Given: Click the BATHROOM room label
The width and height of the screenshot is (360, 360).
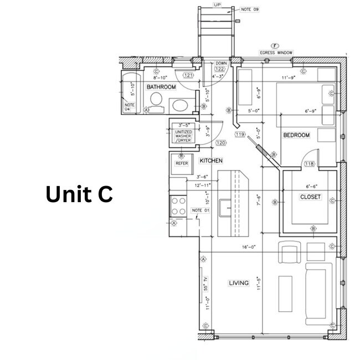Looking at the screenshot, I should pyautogui.click(x=161, y=88).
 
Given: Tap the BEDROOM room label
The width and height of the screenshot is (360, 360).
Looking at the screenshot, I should pyautogui.click(x=296, y=135).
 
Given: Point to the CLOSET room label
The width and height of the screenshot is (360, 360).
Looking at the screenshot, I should pyautogui.click(x=310, y=197).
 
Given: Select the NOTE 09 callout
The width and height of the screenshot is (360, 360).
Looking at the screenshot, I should pyautogui.click(x=250, y=9).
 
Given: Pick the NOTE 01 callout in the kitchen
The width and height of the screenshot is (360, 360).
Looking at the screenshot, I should pyautogui.click(x=200, y=210).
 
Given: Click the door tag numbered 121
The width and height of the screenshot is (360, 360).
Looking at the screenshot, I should pyautogui.click(x=188, y=75).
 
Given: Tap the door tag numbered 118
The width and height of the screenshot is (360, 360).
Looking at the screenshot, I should pyautogui.click(x=308, y=163).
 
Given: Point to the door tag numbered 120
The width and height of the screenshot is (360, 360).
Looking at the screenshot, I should pyautogui.click(x=205, y=143).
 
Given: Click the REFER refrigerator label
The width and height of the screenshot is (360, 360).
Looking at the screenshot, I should pyautogui.click(x=182, y=163).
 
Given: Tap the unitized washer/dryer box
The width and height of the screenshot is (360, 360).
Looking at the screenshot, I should pyautogui.click(x=183, y=135).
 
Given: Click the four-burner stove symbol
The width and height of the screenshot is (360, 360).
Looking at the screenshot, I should pyautogui.click(x=178, y=206).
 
